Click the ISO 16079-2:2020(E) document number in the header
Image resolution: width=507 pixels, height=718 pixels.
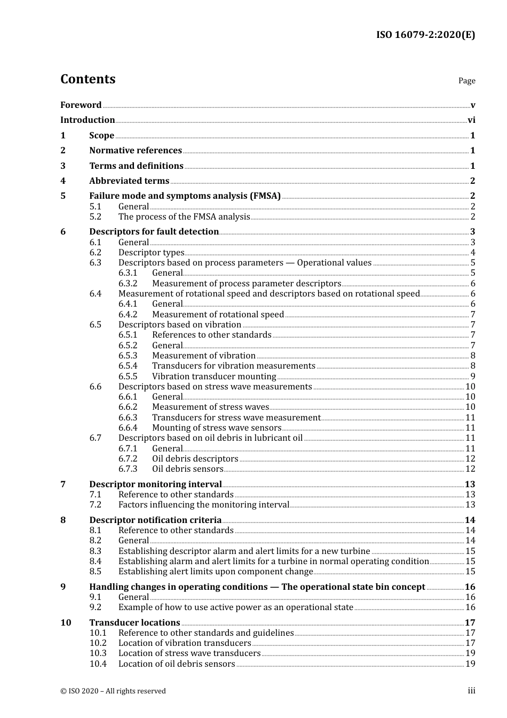425,35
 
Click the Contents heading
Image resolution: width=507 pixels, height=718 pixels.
88,79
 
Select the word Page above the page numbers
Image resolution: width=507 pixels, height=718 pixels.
466,81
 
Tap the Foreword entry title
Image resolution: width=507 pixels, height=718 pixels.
81,105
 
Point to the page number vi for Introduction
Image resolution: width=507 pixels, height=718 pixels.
471,120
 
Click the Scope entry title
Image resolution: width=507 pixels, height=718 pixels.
101,136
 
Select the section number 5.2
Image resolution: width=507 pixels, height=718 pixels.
95,217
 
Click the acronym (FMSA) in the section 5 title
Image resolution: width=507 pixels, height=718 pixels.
265,196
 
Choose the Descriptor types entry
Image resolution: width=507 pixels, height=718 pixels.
151,253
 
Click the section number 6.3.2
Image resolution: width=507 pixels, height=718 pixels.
128,284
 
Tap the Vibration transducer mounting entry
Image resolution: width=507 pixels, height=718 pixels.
214,377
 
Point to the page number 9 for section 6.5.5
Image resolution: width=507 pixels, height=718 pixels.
473,377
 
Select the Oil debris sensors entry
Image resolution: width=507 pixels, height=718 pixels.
187,469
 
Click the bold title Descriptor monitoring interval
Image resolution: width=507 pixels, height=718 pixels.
155,485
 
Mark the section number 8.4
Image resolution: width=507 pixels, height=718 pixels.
95,561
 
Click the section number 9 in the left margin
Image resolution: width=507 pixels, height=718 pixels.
63,587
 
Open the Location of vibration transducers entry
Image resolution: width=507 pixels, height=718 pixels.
185,643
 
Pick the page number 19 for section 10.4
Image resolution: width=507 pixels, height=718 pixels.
470,664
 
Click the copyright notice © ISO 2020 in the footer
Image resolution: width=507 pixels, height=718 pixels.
113,691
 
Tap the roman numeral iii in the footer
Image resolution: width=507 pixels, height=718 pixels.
471,691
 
